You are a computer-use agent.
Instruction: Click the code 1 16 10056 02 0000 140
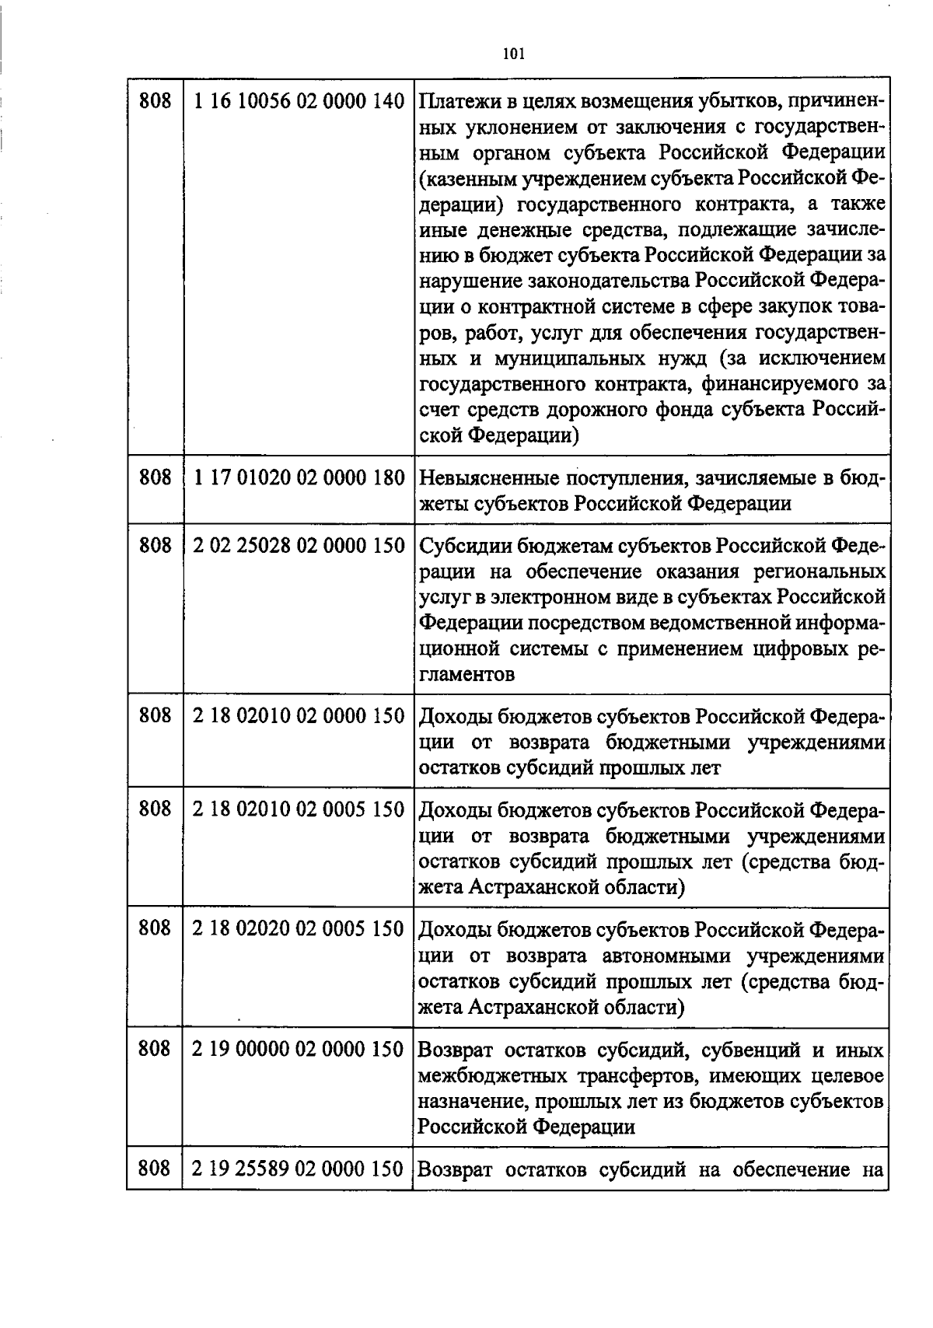[x=299, y=101]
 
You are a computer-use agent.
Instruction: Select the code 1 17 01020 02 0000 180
[x=299, y=477]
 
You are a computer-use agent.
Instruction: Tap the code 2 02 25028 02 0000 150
[x=299, y=546]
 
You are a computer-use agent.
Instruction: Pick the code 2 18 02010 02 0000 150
[x=299, y=716]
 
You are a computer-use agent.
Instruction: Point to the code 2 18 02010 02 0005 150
[x=299, y=809]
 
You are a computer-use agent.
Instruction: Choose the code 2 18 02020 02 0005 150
[x=299, y=929]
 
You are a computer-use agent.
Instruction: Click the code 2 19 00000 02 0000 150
[x=299, y=1050]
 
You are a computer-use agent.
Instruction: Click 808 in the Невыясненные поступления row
[x=155, y=477]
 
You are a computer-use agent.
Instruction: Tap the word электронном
[x=537, y=597]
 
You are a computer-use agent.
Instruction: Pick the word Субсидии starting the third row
[x=462, y=547]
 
